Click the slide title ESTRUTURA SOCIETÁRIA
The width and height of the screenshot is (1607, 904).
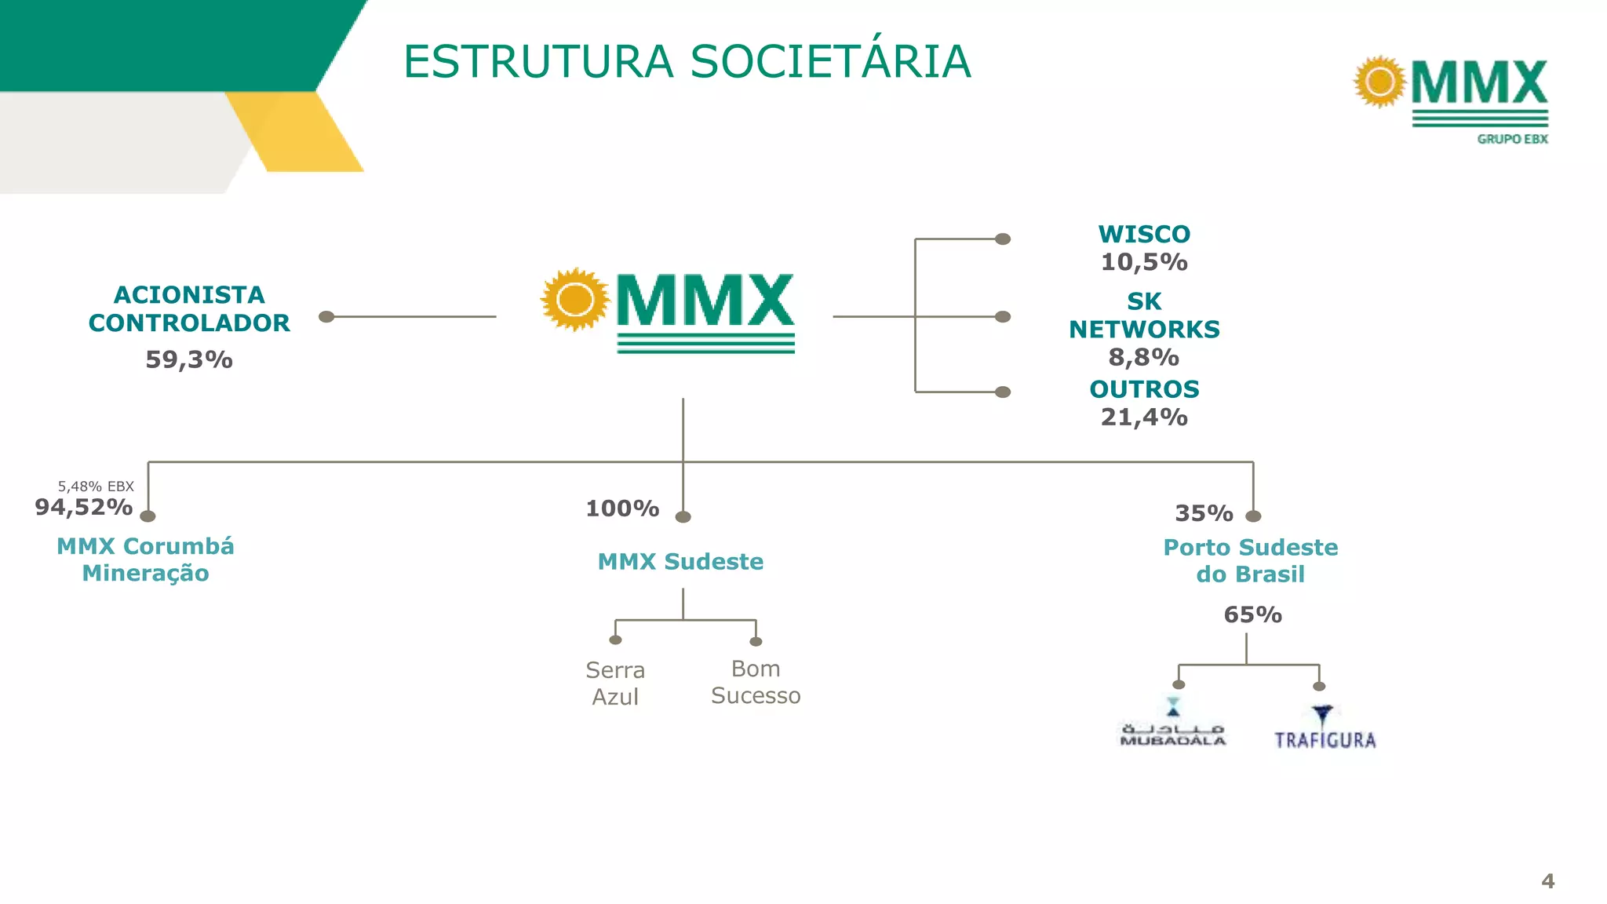[x=687, y=62]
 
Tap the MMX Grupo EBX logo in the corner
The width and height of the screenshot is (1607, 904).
[x=1452, y=99]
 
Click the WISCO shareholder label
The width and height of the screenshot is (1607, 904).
[x=1144, y=234]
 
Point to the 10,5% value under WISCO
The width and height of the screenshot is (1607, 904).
[x=1144, y=262]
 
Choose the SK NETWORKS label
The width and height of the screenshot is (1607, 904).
[x=1144, y=315]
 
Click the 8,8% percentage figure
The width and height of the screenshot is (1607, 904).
[x=1143, y=358]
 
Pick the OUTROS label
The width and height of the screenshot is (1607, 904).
[x=1144, y=389]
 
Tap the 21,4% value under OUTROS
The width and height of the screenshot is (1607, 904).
[x=1144, y=417]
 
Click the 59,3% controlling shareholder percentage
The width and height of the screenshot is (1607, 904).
[x=189, y=360]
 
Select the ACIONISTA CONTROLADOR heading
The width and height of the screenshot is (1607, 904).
[x=189, y=308]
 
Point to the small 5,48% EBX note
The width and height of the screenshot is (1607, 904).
[x=96, y=487]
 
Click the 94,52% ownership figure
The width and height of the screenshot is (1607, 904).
[x=84, y=508]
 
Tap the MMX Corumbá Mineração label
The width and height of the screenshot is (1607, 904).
[x=145, y=560]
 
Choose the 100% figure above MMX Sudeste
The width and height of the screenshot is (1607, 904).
[x=622, y=508]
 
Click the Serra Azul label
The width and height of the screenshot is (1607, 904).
[x=615, y=683]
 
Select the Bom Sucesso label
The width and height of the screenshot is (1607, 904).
[x=756, y=682]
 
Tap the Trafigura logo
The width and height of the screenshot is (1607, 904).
[x=1325, y=729]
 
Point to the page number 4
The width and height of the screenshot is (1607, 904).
[x=1547, y=881]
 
